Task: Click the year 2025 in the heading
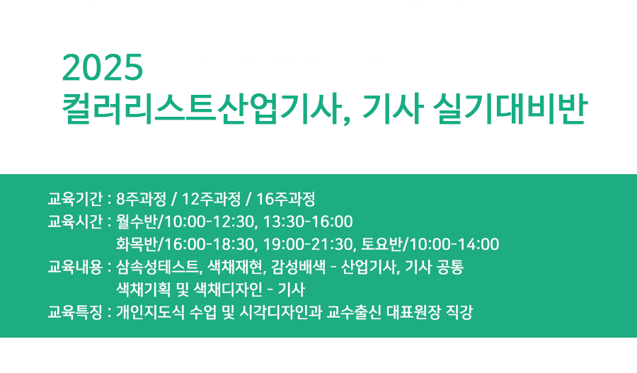tap(103, 68)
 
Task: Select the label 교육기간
tap(76, 197)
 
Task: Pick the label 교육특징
tap(76, 312)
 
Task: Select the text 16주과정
tap(287, 197)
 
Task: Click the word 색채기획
tap(139, 289)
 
